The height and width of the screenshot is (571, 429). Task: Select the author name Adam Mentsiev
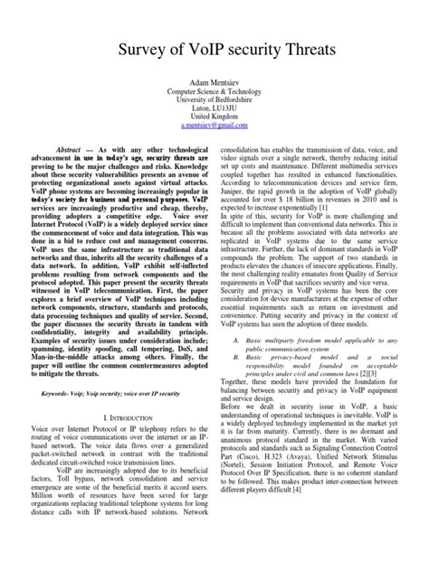coord(214,82)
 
